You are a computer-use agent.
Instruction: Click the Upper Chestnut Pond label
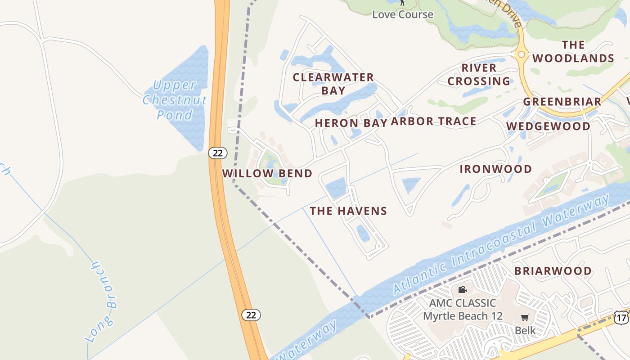175,99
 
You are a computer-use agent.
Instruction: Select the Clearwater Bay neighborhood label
333,84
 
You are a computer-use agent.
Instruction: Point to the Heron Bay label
351,123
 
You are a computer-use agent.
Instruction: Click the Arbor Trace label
433,121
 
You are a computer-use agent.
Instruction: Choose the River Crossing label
479,75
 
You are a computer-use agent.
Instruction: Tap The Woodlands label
573,52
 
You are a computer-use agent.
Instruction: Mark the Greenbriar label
562,102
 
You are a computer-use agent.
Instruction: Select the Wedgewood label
548,126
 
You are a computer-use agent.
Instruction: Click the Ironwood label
495,169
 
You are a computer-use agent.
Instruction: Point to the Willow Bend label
267,174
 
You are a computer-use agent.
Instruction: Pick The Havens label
348,211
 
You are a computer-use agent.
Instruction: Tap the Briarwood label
553,271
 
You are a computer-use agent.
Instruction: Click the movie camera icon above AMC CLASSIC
462,289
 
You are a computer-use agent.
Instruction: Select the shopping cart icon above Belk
525,318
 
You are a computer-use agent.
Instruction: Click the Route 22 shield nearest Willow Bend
218,153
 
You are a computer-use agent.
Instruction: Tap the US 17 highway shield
621,318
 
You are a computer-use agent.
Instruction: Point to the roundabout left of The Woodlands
522,54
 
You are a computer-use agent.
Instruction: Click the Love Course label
403,14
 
